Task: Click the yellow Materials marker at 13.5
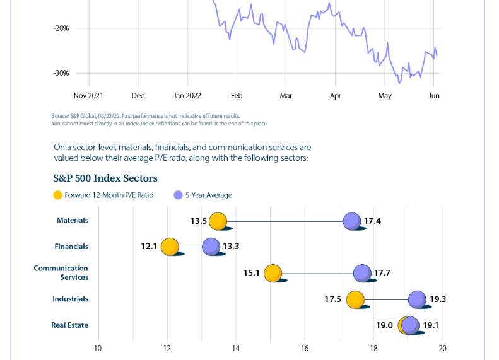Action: pos(218,221)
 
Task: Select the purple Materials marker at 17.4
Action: pos(351,221)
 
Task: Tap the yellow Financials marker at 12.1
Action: pos(170,247)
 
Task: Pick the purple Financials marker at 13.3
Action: pos(211,247)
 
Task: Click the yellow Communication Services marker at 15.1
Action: pos(273,273)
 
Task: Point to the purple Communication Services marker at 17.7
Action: pos(362,273)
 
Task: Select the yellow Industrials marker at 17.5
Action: pos(356,299)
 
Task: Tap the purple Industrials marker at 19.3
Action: pos(417,299)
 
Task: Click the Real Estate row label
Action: pos(69,325)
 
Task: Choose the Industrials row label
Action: pos(70,299)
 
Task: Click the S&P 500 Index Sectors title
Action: pos(105,178)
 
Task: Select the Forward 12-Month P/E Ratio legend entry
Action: pos(109,195)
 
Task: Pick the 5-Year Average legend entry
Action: pos(208,195)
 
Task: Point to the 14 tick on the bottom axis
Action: pos(236,348)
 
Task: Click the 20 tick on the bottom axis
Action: pos(442,348)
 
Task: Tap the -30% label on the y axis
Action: pos(61,73)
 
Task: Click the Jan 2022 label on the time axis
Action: pos(187,96)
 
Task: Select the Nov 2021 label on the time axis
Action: pos(88,96)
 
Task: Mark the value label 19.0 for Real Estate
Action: pos(385,325)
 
